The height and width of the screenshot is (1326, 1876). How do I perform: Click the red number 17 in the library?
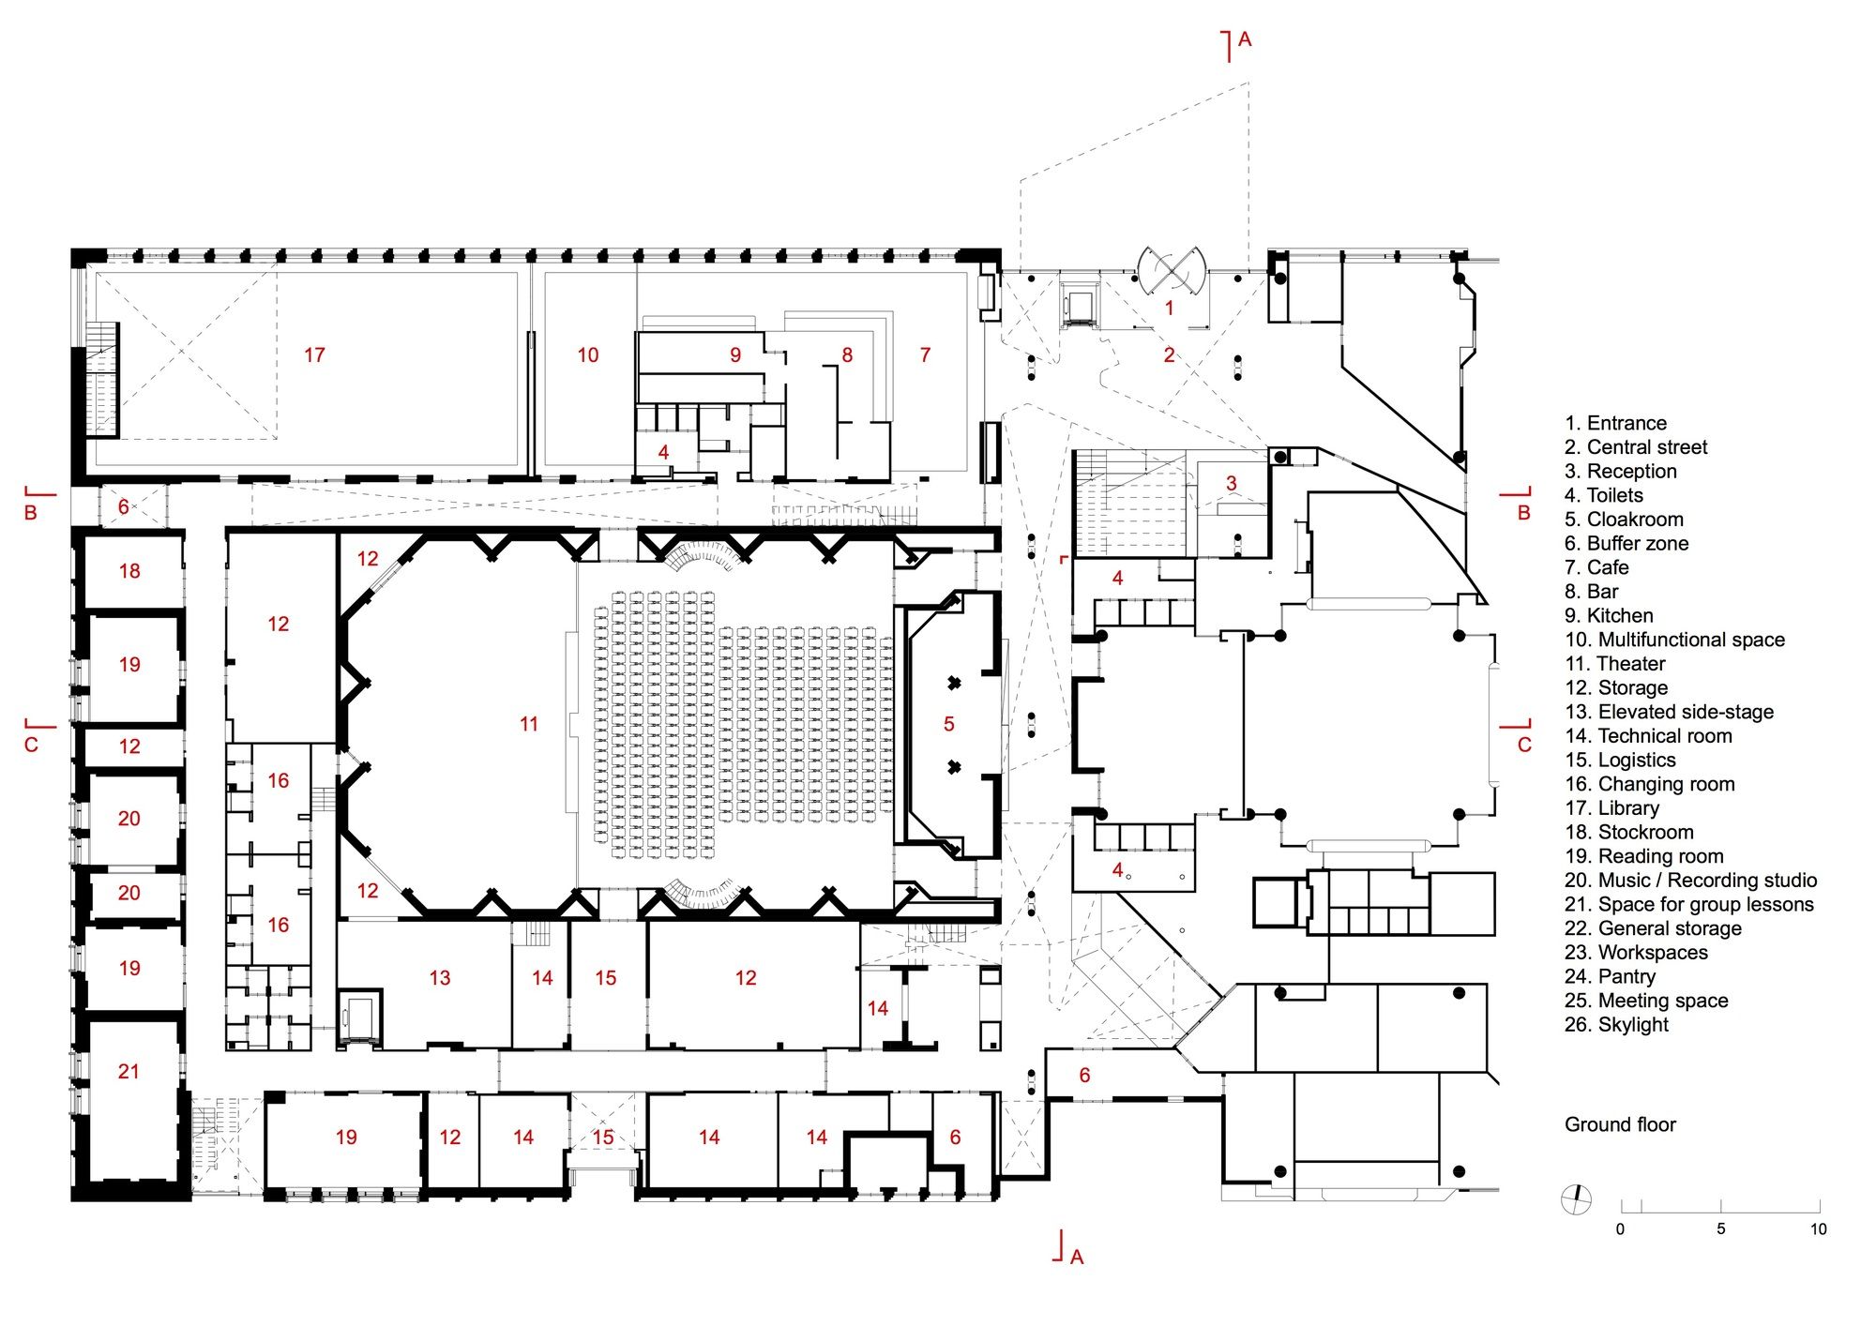(314, 354)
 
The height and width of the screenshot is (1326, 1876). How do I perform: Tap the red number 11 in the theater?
(529, 724)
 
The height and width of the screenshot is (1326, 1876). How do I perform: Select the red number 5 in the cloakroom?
(949, 724)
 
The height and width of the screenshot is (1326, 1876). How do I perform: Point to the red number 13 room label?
(440, 978)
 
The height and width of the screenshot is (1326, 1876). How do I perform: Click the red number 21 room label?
(129, 1071)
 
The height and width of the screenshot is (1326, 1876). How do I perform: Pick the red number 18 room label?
(129, 570)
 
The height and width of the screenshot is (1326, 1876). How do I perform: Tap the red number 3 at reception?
(1232, 483)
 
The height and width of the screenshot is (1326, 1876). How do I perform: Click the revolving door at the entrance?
(1171, 271)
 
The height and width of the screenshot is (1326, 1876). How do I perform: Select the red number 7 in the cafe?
(925, 354)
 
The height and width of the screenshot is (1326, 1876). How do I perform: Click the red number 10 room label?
(588, 354)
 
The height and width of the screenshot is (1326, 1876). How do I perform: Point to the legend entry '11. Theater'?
(1615, 664)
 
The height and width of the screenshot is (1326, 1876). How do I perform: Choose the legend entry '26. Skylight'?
(1616, 1025)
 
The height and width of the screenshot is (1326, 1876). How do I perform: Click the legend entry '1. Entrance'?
(1615, 423)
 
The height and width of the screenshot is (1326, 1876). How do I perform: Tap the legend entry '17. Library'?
(1611, 808)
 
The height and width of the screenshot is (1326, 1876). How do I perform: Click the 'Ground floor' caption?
(1620, 1124)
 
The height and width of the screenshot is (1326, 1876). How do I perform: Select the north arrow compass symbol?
(1576, 1198)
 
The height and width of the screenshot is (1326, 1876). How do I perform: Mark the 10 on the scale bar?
(1818, 1229)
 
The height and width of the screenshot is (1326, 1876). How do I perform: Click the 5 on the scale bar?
(1720, 1229)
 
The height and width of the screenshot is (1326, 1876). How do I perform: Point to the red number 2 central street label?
(1169, 354)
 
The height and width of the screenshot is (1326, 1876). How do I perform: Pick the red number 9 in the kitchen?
(735, 354)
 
